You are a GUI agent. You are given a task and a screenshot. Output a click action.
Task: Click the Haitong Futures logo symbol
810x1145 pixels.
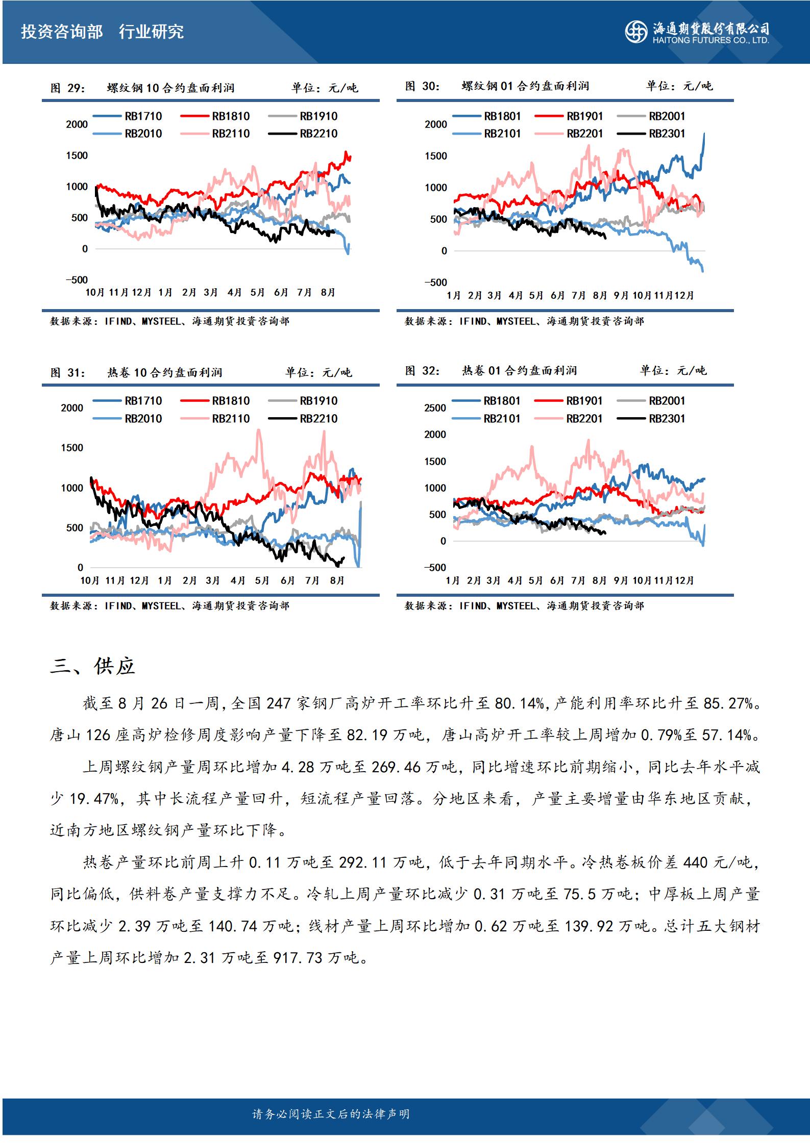click(637, 32)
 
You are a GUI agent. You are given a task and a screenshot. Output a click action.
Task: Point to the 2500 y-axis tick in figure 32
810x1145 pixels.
click(435, 408)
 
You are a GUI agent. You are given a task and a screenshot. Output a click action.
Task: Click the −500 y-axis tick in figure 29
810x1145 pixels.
click(76, 280)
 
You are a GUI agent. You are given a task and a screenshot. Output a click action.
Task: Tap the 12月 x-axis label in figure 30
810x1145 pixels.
click(684, 295)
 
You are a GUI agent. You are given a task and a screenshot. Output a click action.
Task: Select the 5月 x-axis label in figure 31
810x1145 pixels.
click(262, 580)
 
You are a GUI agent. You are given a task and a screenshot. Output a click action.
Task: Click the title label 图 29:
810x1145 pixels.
click(68, 88)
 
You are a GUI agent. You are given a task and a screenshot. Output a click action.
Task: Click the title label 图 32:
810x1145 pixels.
click(423, 371)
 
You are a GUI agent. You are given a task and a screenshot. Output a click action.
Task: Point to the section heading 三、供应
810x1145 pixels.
click(92, 666)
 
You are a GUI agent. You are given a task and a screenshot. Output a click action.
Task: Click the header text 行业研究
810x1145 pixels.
click(151, 32)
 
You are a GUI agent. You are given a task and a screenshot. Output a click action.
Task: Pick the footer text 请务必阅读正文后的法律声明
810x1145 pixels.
click(331, 1114)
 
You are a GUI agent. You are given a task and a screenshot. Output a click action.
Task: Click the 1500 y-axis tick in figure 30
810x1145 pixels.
click(435, 156)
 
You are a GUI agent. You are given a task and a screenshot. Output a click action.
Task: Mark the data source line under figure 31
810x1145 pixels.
click(169, 606)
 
